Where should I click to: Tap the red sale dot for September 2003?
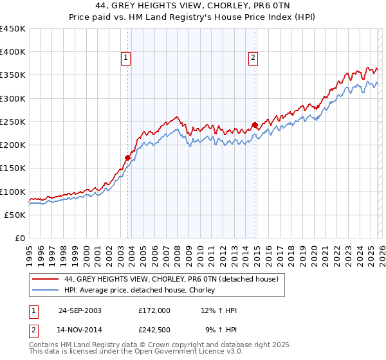tap(128, 157)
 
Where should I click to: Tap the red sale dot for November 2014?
tap(255, 125)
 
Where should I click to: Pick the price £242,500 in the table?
tap(154, 331)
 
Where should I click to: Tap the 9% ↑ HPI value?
tap(221, 331)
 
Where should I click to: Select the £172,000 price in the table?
tap(154, 310)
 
